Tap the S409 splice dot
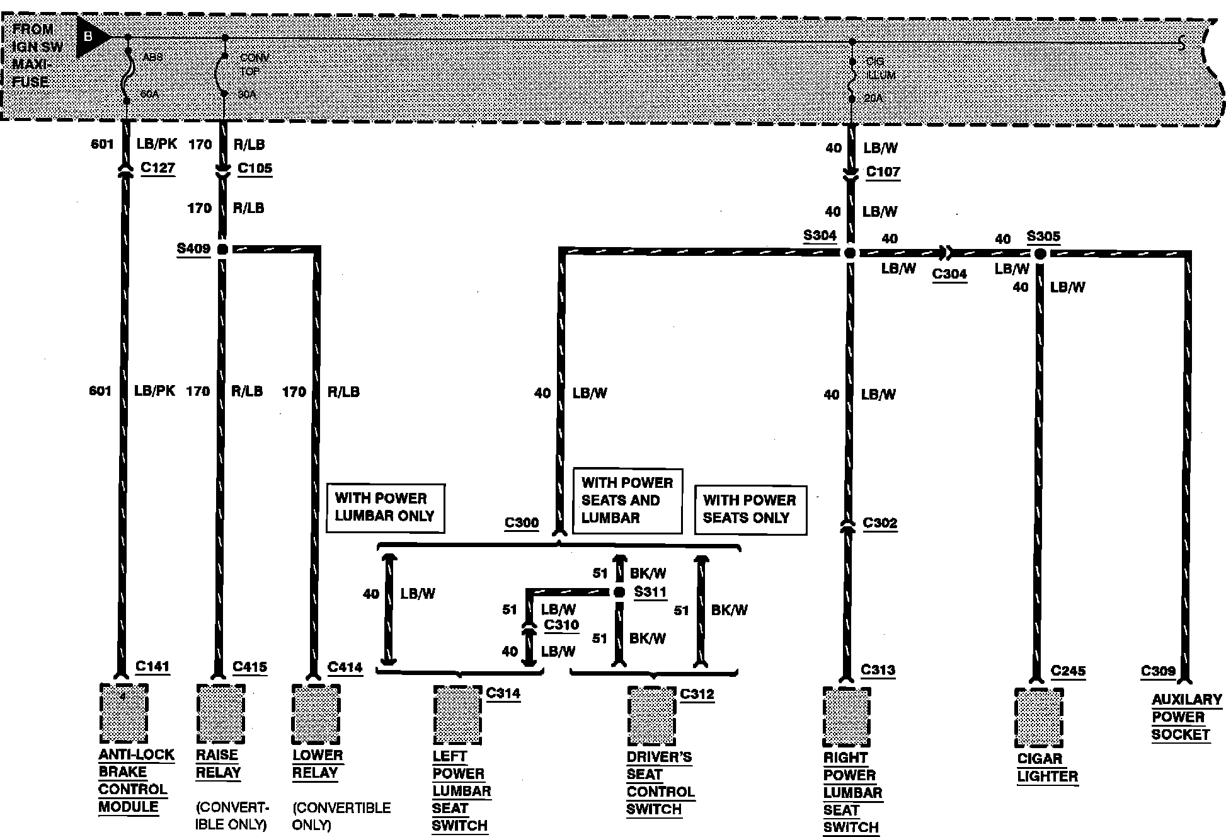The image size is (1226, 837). (x=222, y=250)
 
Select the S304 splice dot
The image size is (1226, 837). (x=849, y=253)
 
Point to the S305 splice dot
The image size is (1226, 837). (x=1040, y=254)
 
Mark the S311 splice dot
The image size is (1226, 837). (x=619, y=592)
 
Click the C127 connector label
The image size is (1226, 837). (x=158, y=168)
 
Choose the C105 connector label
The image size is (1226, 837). (x=255, y=168)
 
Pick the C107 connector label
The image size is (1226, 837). (x=883, y=171)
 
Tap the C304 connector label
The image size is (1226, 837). (x=949, y=274)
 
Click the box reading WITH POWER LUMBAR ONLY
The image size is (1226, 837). (x=385, y=507)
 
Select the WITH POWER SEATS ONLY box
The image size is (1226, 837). (x=750, y=509)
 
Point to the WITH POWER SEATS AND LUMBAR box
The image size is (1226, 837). (x=627, y=500)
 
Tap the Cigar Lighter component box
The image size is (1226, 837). (x=1039, y=719)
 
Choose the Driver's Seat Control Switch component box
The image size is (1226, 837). (x=651, y=716)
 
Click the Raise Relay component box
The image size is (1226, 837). (x=221, y=714)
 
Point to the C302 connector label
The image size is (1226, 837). (x=879, y=523)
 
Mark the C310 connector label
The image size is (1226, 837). (x=561, y=625)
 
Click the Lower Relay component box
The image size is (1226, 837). (x=316, y=714)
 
